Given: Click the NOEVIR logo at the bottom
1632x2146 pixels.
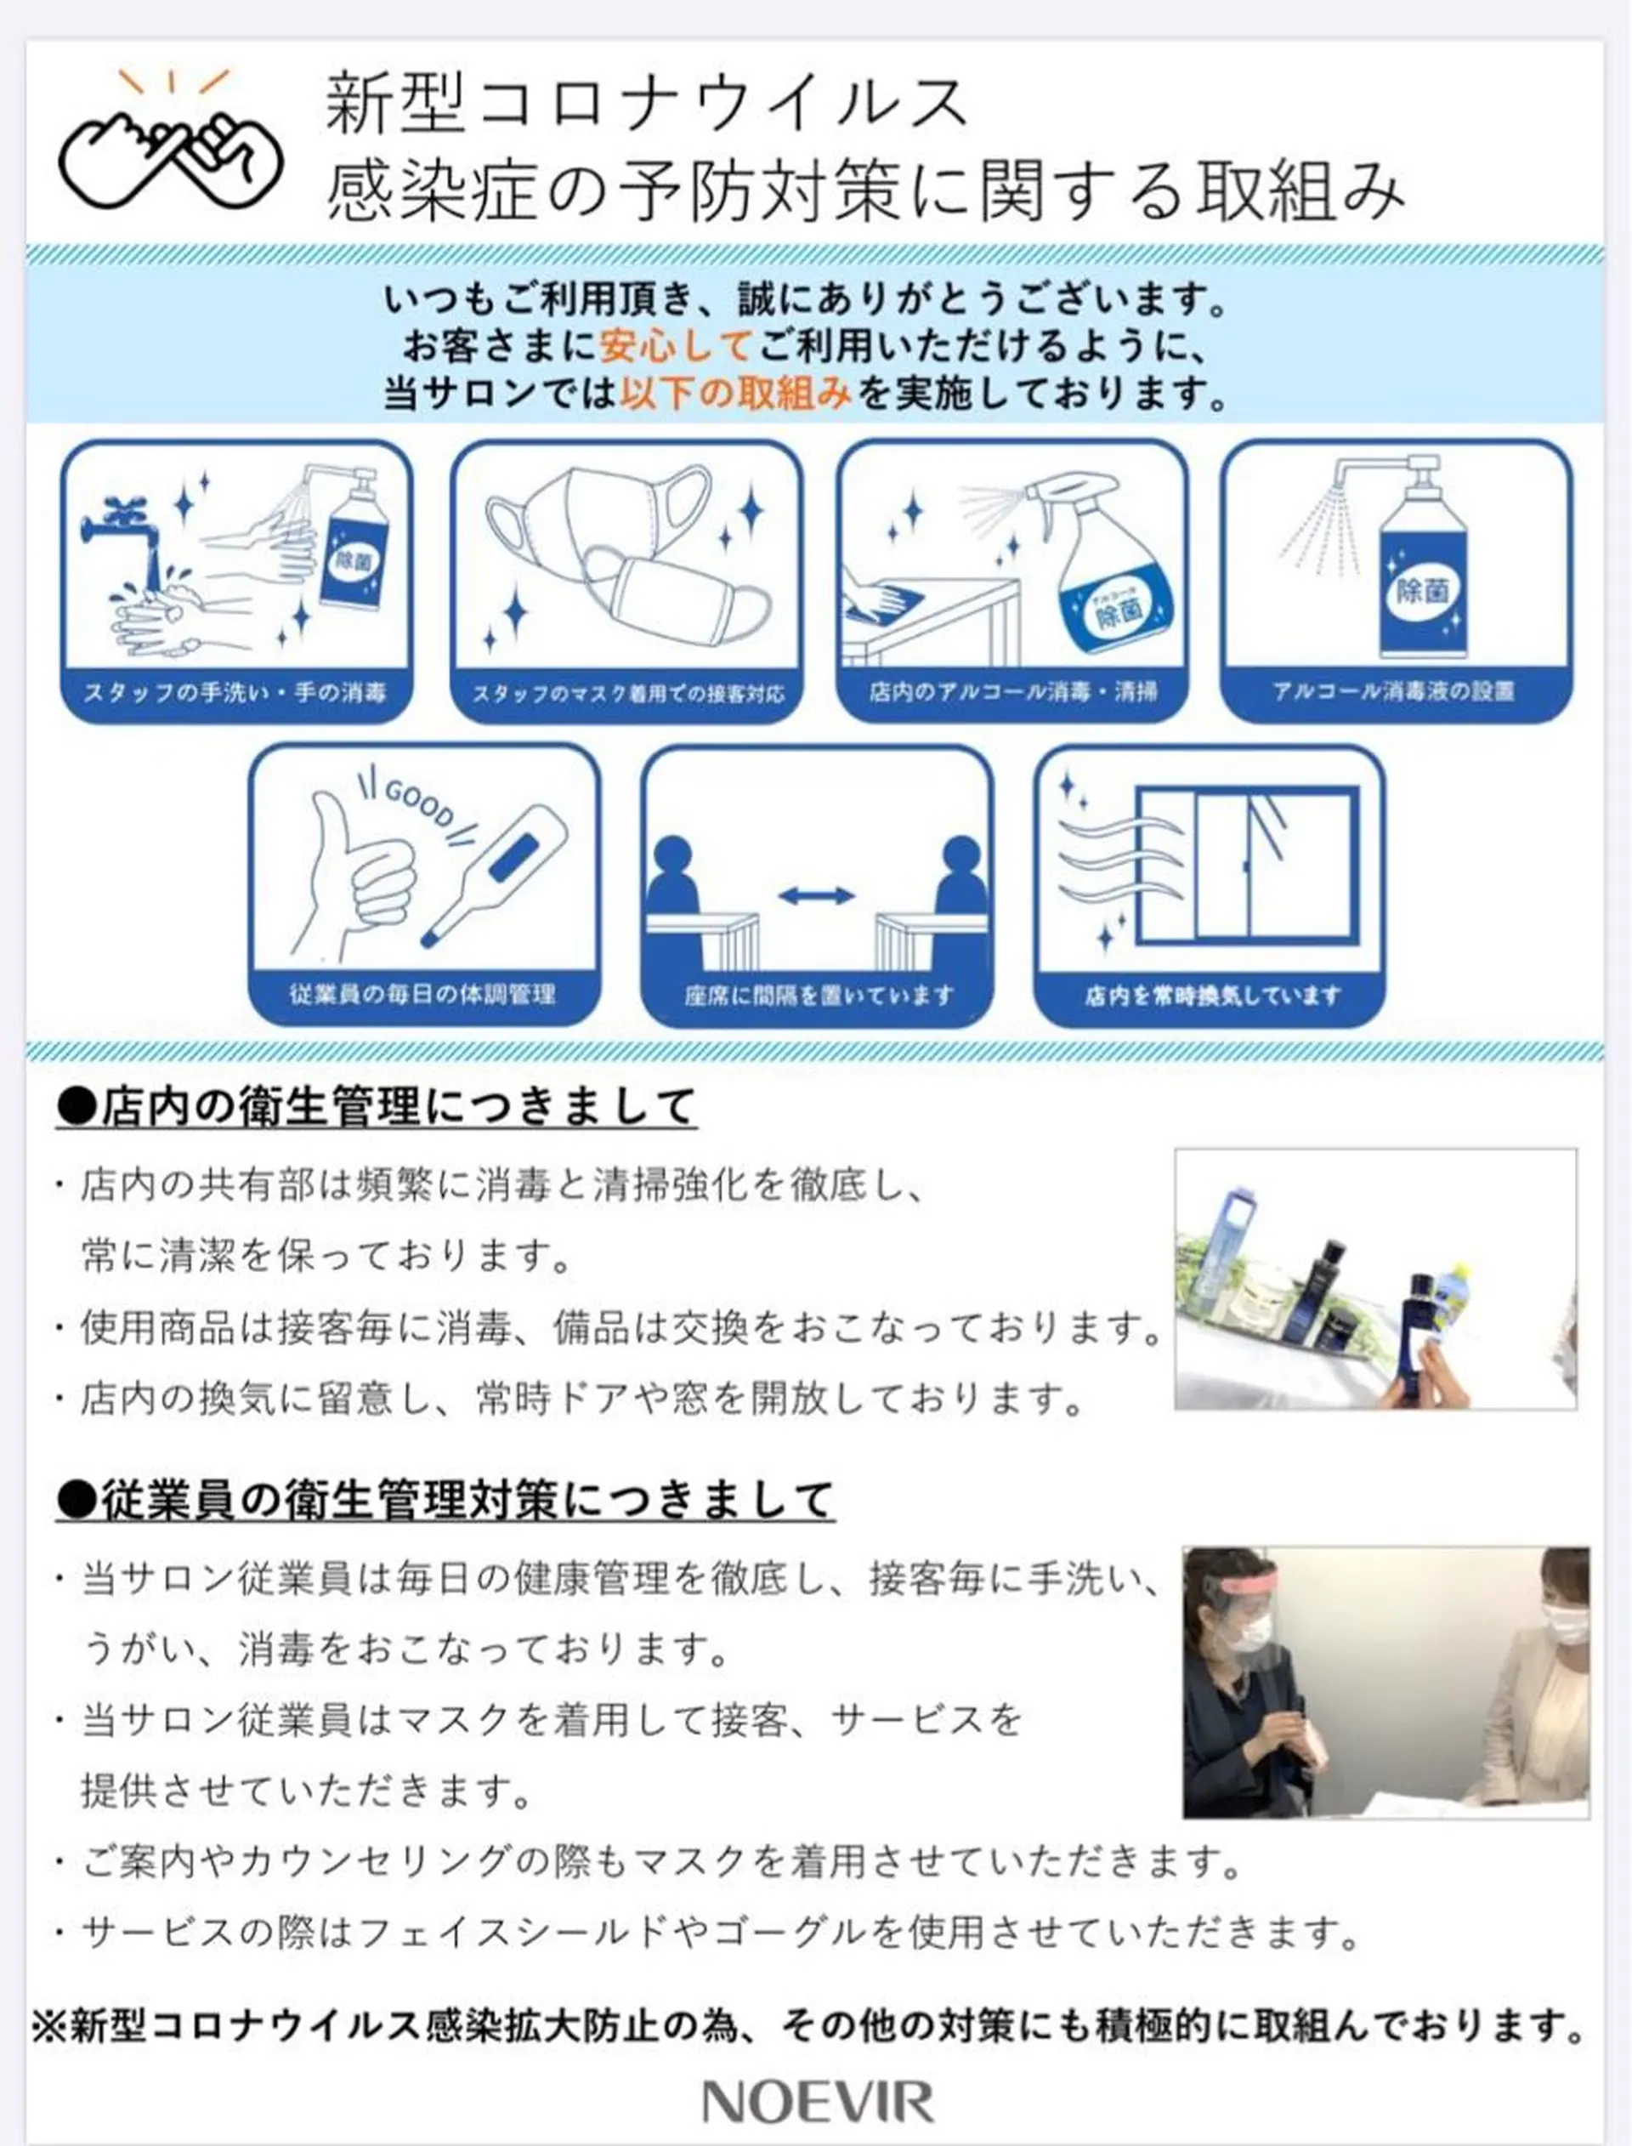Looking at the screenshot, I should pyautogui.click(x=817, y=2101).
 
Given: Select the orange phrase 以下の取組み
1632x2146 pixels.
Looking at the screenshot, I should pyautogui.click(x=735, y=394).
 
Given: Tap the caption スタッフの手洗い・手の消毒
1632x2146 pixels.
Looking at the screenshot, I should pyautogui.click(x=235, y=692).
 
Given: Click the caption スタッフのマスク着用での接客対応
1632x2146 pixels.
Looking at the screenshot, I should pyautogui.click(x=627, y=694).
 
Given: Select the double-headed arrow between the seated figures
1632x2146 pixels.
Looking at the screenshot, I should pyautogui.click(x=816, y=895).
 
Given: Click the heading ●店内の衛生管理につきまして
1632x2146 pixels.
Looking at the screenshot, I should pyautogui.click(x=377, y=1106).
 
